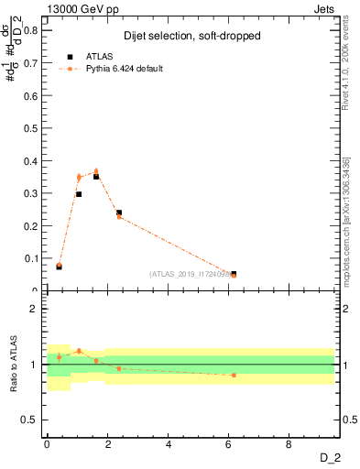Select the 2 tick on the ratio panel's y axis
[x=37, y=309]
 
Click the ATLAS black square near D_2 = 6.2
[x=234, y=274]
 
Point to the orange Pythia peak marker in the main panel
[x=96, y=171]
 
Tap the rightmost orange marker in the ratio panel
[x=234, y=375]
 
